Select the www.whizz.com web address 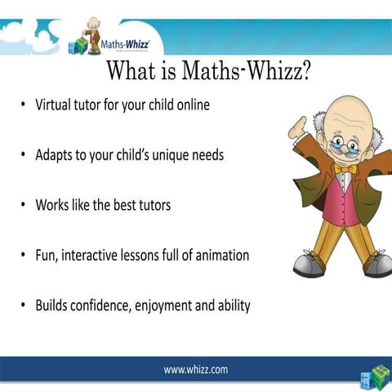(196, 369)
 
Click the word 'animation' (220, 256)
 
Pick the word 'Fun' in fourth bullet (46, 256)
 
